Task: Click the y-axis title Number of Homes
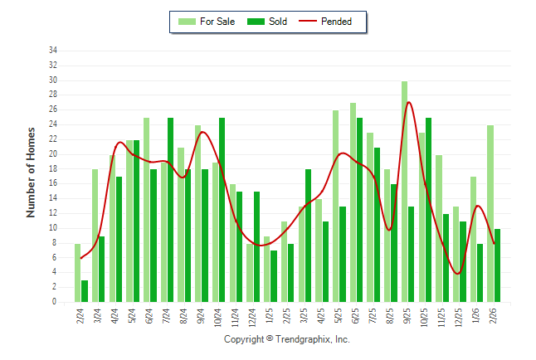tap(31, 173)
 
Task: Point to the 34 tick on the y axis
tap(53, 51)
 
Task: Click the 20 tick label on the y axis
tap(53, 154)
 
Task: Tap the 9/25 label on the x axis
tap(407, 316)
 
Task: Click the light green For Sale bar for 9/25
tap(404, 192)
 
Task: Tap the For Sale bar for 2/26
tap(490, 214)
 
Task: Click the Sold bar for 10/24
tap(222, 211)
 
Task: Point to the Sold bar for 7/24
tap(171, 211)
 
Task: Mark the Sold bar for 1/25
tap(274, 277)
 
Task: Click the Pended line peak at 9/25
tap(409, 102)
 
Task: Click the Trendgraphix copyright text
tap(287, 339)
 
